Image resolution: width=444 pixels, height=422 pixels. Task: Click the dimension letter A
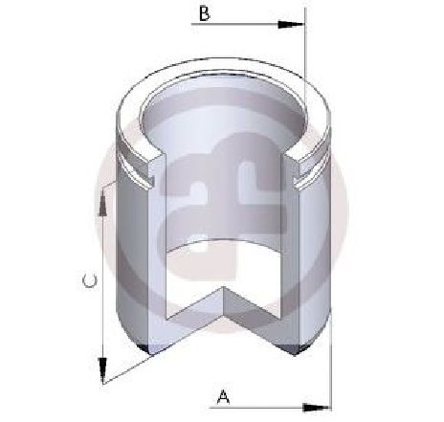(223, 396)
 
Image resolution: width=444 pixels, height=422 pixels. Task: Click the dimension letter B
(205, 13)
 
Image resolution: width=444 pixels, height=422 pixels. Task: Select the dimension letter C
(90, 280)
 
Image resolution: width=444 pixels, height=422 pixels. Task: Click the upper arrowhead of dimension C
(102, 203)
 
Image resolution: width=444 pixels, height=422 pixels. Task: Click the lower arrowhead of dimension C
(102, 370)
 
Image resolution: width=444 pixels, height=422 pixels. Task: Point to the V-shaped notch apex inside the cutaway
(224, 287)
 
